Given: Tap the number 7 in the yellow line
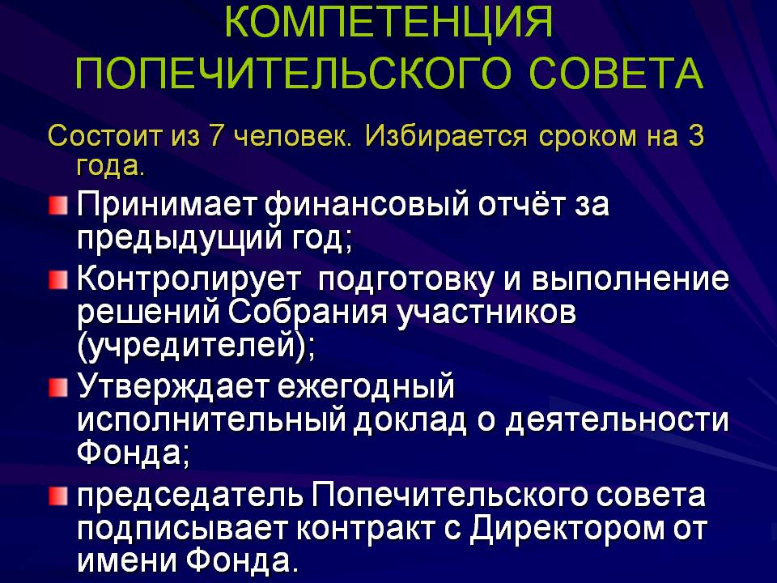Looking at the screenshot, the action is (x=215, y=135).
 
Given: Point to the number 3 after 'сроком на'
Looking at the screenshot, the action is (x=695, y=135).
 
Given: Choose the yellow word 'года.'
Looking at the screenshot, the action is (x=111, y=166).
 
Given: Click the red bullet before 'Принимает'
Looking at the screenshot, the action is (x=58, y=206).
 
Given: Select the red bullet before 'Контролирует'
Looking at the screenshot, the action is (x=58, y=280).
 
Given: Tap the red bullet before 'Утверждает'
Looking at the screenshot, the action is (x=58, y=388).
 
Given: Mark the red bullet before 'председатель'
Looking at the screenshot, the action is (x=58, y=496).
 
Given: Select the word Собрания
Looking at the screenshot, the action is (x=308, y=313).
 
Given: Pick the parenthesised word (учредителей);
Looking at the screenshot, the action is (x=196, y=346).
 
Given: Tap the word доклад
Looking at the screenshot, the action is (x=410, y=420).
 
